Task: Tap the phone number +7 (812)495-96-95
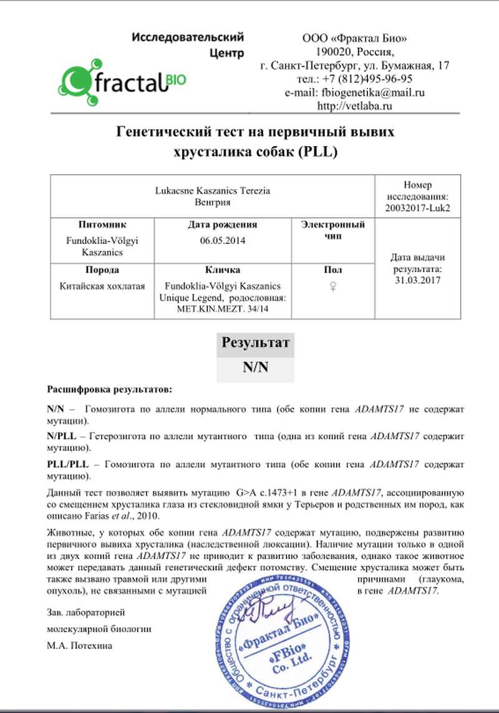tap(354, 79)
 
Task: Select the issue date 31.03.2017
tap(418, 280)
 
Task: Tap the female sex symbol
tap(333, 286)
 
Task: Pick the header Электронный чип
tap(333, 230)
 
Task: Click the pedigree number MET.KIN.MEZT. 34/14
tap(222, 308)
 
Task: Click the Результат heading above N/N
tap(255, 343)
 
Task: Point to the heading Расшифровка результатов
tap(109, 389)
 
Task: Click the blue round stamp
tap(280, 643)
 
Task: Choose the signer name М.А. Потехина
tap(79, 646)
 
